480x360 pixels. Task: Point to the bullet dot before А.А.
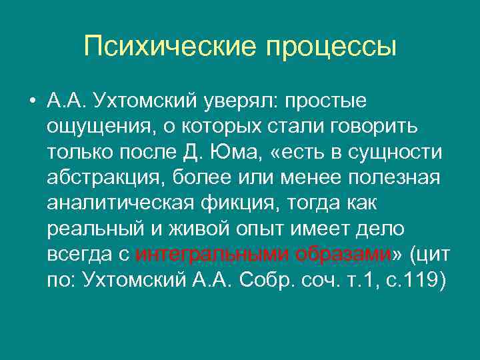click(32, 101)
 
